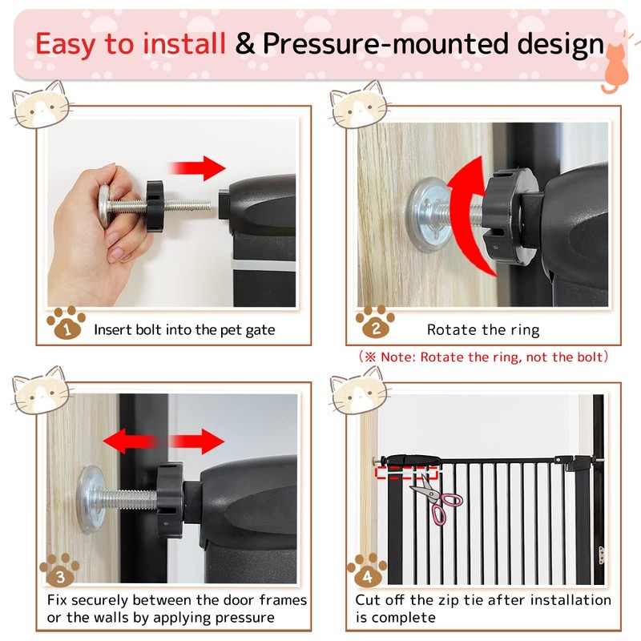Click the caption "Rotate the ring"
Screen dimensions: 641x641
482,330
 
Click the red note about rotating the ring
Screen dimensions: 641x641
481,357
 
